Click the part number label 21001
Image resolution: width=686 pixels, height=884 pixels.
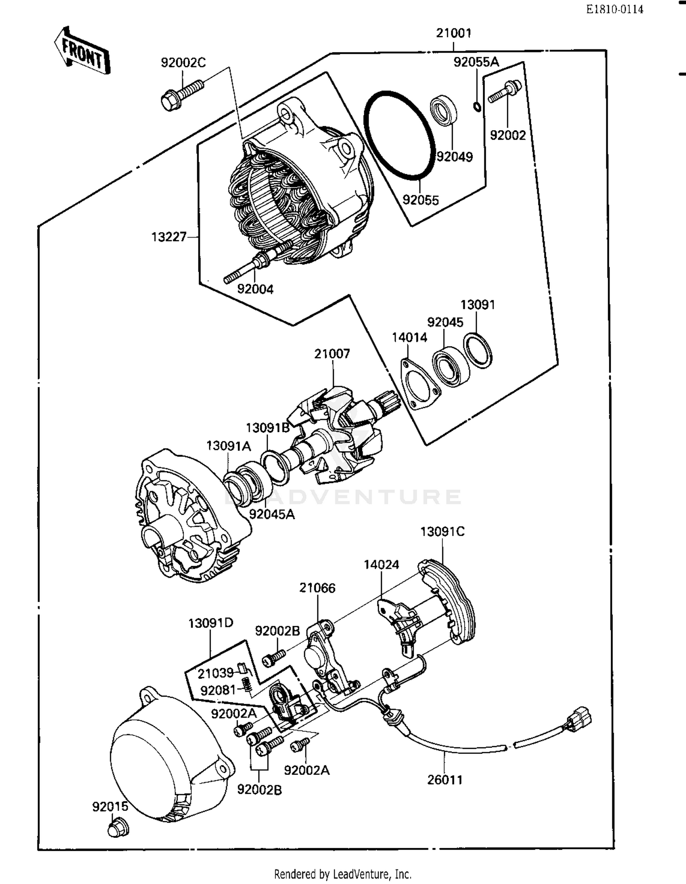453,33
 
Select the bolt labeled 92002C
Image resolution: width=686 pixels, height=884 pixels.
181,95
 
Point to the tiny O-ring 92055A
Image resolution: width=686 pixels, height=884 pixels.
477,107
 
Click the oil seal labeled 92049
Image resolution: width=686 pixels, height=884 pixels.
445,110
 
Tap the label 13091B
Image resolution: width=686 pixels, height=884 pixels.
268,428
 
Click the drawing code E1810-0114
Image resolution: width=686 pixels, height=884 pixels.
615,9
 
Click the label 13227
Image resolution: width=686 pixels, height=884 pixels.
169,237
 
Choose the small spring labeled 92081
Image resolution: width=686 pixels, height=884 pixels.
246,685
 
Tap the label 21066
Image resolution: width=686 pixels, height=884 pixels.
317,588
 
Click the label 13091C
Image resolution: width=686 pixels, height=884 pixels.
442,532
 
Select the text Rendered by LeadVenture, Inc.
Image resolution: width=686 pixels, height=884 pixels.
343,874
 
